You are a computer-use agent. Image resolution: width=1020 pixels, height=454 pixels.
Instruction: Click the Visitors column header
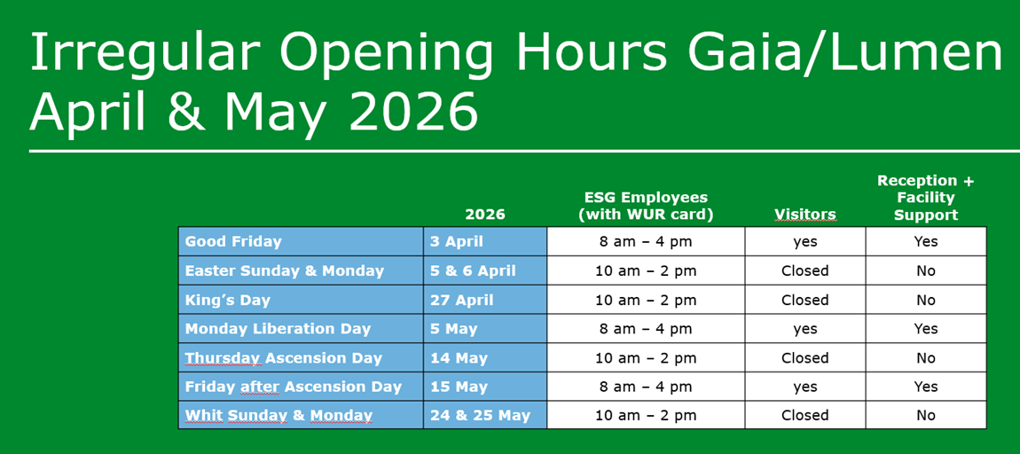[x=804, y=215]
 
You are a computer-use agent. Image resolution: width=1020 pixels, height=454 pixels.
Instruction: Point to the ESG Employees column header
[x=646, y=207]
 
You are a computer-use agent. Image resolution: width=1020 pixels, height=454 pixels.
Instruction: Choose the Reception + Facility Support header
[x=925, y=198]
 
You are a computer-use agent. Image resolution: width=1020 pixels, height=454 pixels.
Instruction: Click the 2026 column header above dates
[x=485, y=215]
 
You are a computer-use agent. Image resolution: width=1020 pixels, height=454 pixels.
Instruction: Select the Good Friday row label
[x=233, y=242]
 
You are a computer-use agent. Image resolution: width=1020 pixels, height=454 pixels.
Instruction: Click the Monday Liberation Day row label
[x=278, y=329]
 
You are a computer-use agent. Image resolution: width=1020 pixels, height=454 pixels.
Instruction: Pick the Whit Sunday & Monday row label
[x=279, y=416]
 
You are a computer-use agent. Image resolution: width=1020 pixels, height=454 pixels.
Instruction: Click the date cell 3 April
[x=457, y=242]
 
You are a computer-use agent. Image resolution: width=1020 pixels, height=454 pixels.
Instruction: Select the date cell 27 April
[x=461, y=300]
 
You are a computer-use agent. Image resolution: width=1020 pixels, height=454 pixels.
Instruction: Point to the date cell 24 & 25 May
[x=480, y=416]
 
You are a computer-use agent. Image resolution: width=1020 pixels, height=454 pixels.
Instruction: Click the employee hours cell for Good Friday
[x=646, y=242]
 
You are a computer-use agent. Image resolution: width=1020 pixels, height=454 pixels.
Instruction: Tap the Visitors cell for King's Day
[x=804, y=300]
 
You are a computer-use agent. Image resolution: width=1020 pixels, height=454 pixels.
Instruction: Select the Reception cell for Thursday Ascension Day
[x=926, y=357]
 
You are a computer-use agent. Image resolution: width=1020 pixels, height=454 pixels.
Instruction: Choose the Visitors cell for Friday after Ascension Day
[x=804, y=387]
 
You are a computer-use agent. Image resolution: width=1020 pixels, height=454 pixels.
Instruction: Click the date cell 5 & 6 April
[x=473, y=270]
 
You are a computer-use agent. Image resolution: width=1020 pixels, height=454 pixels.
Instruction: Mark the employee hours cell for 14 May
[x=646, y=357]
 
